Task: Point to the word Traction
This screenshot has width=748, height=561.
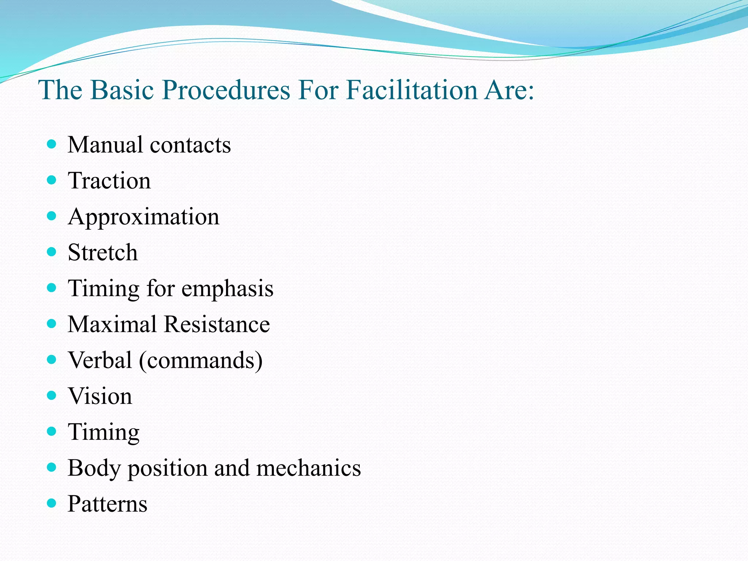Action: coord(109,180)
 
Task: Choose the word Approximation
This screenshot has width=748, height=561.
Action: coord(144,217)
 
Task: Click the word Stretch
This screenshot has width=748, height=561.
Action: coord(103,252)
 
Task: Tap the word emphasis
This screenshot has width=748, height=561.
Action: coord(227,289)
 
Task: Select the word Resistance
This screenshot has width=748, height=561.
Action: coord(217,324)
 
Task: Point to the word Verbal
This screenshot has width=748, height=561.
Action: coord(100,360)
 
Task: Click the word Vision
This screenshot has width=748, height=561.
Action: coord(100,396)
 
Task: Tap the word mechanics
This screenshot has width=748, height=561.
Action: coord(308,468)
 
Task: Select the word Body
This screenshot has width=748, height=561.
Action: coord(94,468)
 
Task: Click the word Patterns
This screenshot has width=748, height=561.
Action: coord(107,504)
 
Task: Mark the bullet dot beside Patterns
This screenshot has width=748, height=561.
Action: coord(52,504)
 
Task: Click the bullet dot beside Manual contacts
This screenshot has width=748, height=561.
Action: coord(52,144)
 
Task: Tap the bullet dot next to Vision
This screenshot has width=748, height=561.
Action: coord(52,396)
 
